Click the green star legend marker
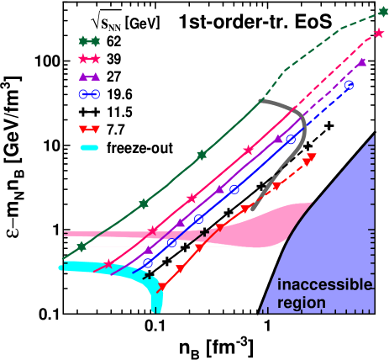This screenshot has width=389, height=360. (89, 41)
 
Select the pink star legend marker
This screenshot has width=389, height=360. (89, 59)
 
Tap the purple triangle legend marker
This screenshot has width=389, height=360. (89, 77)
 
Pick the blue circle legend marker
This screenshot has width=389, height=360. (89, 94)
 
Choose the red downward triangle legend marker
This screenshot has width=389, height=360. (89, 130)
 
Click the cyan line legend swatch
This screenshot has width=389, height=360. (89, 148)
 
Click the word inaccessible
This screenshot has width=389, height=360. (323, 285)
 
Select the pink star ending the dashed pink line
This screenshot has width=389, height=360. (380, 33)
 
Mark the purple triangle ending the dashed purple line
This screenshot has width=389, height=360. (362, 62)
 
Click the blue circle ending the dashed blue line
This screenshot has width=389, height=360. (350, 86)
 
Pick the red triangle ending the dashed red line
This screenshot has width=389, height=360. (312, 157)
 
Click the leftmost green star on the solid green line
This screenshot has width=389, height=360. (81, 246)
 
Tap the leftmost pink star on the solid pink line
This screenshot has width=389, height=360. (110, 266)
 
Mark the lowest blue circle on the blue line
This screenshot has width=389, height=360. (148, 263)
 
